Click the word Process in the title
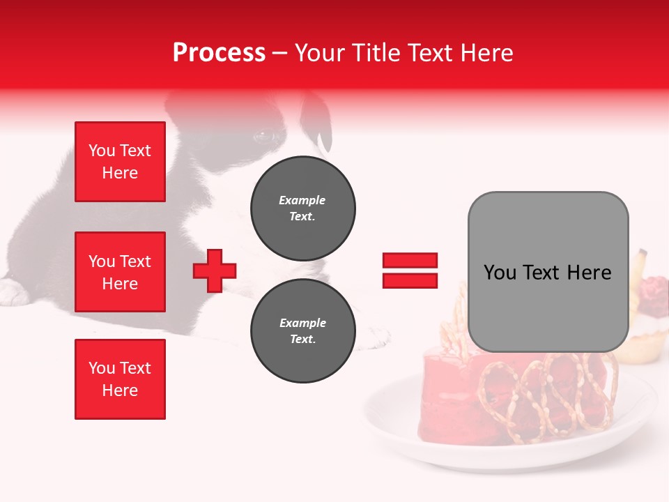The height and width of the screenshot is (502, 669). point(219,53)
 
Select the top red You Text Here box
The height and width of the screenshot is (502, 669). point(120,162)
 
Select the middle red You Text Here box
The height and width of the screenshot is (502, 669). point(120,272)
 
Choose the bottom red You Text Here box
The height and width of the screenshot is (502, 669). point(120,379)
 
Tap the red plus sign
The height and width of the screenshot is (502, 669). point(215,271)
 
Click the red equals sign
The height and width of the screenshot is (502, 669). point(410,271)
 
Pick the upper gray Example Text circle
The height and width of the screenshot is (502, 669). point(302,208)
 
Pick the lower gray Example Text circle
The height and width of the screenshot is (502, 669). point(302,331)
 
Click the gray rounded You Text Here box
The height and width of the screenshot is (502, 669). point(548,272)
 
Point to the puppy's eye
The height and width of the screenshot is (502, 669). point(264,136)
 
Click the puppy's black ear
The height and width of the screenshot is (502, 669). point(317,119)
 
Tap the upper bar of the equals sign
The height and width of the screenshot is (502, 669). point(410,261)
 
